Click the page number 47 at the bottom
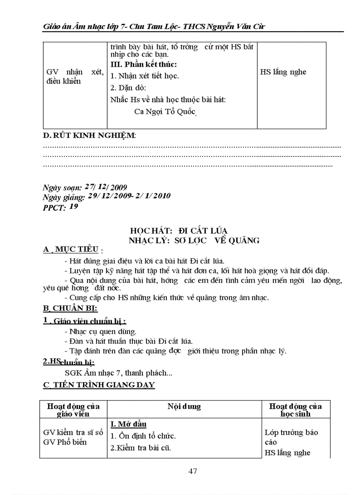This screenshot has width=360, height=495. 192,471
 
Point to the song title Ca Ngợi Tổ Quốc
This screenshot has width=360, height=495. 165,111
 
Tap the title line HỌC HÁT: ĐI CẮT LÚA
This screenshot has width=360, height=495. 179,231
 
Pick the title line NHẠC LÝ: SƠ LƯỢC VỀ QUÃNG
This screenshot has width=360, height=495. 194,240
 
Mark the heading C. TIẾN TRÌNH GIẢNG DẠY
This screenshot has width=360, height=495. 99,385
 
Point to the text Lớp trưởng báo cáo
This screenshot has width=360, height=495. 291,437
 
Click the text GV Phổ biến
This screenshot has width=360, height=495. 65,442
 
